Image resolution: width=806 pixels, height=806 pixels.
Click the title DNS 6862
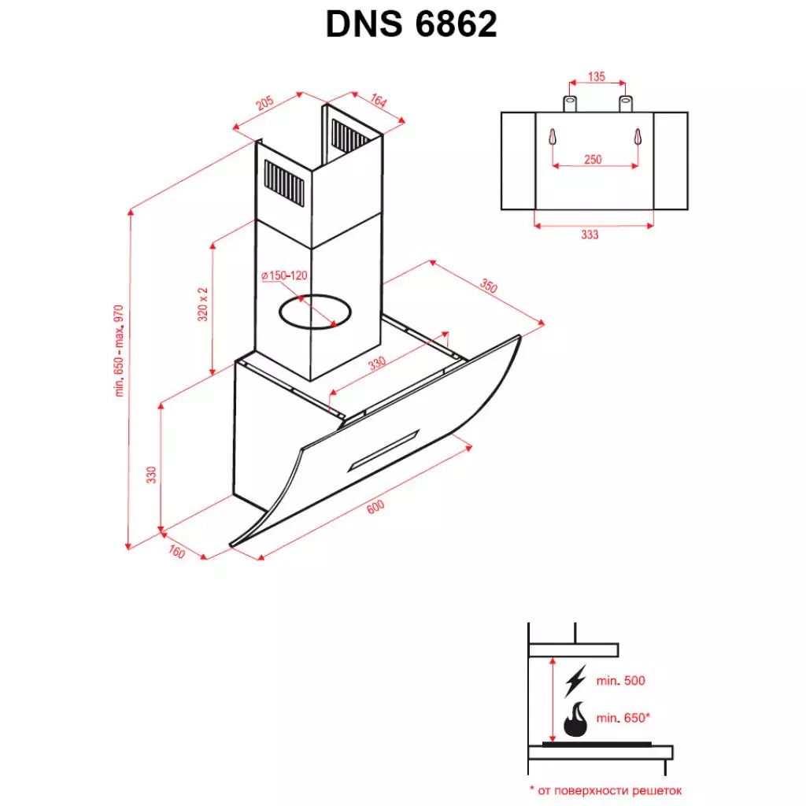(411, 25)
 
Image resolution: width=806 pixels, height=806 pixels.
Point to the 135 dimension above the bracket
(596, 76)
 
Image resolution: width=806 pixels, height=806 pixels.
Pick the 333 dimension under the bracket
(590, 235)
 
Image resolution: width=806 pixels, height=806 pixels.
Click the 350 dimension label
(489, 287)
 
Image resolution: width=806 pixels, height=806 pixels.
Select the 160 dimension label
(176, 553)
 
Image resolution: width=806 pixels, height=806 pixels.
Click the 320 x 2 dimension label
(203, 303)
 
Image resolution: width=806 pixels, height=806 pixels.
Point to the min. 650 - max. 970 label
(120, 350)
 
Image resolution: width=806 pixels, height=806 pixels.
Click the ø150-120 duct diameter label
(283, 275)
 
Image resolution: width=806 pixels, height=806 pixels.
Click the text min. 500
(621, 680)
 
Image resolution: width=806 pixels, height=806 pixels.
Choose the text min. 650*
(623, 717)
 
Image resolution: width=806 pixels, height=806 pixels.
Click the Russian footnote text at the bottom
(604, 789)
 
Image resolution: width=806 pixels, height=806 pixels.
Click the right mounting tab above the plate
(625, 103)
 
